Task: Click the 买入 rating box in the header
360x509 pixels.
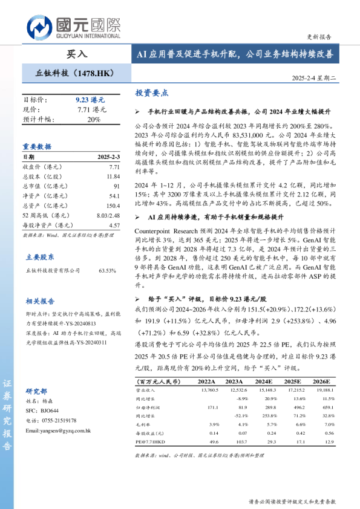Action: coord(77,54)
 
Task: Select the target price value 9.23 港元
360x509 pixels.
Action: coord(90,99)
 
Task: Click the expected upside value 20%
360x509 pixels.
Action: coord(94,119)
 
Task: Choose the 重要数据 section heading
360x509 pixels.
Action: coord(37,146)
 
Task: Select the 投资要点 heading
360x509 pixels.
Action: coord(152,93)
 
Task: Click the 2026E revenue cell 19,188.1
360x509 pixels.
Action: coord(324,391)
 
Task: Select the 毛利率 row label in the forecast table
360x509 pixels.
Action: coord(143,425)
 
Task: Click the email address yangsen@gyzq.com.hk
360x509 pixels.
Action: coord(58,430)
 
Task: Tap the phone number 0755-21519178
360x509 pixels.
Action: coord(58,420)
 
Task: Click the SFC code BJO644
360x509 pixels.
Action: coord(50,410)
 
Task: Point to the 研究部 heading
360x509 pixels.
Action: coord(36,391)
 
